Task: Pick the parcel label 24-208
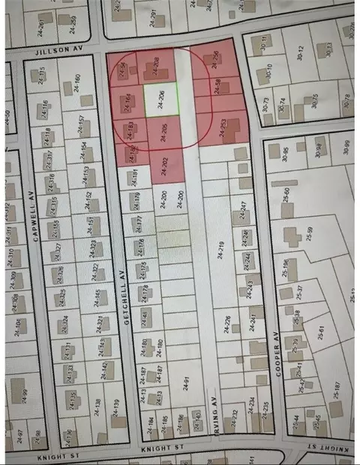(x=156, y=65)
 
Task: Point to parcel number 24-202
(x=164, y=164)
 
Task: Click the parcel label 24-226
(x=227, y=325)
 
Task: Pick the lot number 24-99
(x=24, y=395)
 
